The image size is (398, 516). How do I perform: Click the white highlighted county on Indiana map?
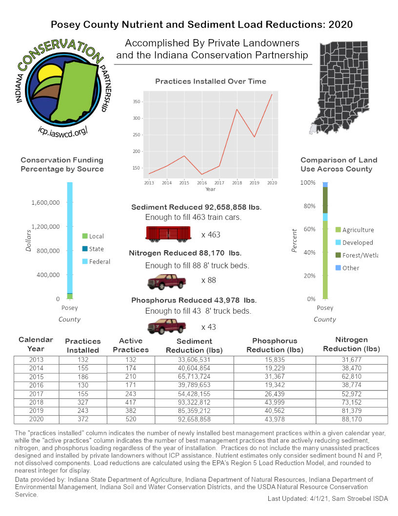click(x=313, y=129)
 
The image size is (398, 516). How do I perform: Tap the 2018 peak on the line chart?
click(x=237, y=109)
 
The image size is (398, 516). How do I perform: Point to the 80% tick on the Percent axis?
click(x=309, y=206)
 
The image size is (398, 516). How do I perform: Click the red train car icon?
click(x=167, y=234)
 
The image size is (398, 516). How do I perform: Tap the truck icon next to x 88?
click(x=167, y=281)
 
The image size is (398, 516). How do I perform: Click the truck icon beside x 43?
click(x=167, y=326)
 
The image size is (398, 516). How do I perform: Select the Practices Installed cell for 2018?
click(x=82, y=403)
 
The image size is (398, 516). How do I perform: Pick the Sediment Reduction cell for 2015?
click(x=194, y=377)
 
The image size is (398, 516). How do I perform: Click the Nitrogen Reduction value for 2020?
click(x=352, y=419)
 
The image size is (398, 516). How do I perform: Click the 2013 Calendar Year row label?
click(x=36, y=361)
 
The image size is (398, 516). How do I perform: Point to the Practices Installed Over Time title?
click(x=211, y=81)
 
